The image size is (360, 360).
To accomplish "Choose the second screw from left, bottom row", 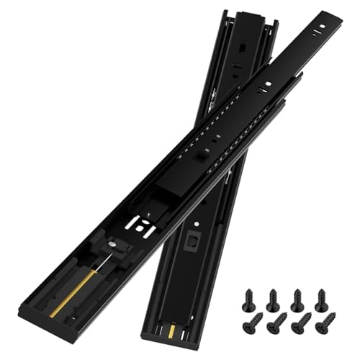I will pos(273,322).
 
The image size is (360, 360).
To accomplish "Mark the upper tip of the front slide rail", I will pos(333,16).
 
